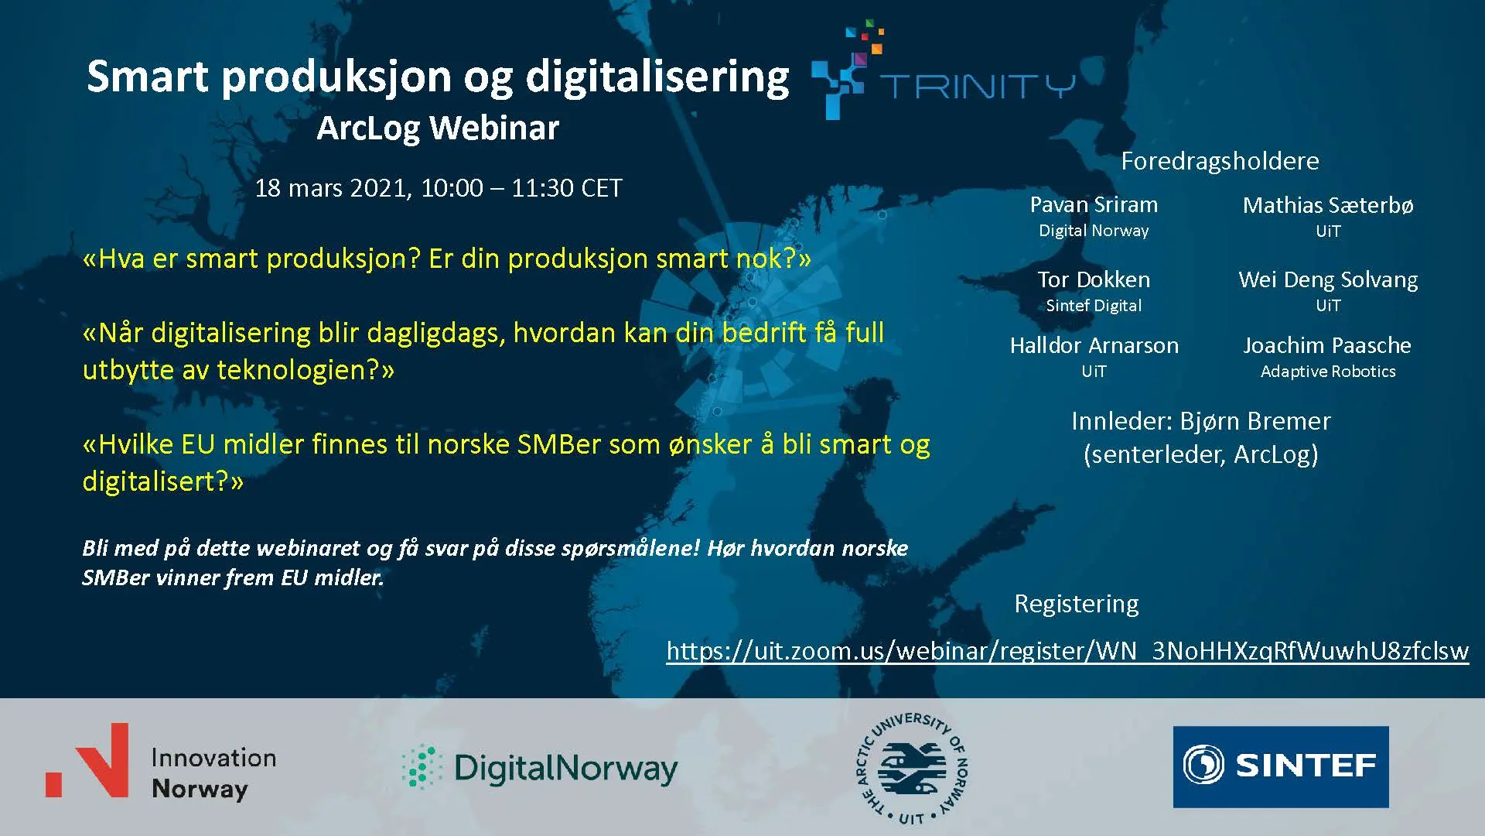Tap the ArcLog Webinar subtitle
438,128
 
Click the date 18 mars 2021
333,188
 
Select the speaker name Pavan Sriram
1094,205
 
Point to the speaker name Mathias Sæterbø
1328,205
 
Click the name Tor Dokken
1094,279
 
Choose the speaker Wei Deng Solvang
1328,280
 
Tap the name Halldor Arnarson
1094,345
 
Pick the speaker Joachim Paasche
1327,345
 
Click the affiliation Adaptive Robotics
1328,372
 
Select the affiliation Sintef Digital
1094,306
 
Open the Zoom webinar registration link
1067,651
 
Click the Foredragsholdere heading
1220,161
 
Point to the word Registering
1077,604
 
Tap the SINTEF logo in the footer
1281,766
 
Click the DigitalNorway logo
540,768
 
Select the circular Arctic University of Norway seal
913,768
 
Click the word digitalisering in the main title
657,77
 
